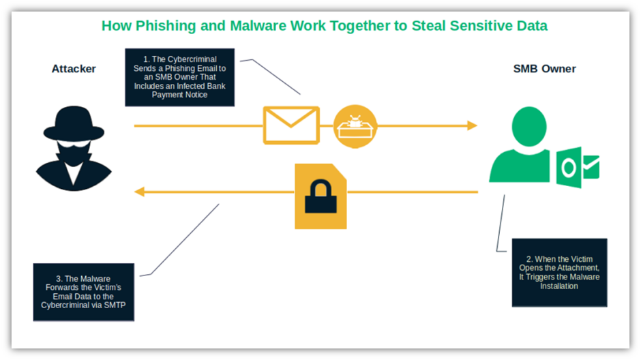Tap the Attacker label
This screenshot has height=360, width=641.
(74, 69)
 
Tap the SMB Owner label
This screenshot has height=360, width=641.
(544, 69)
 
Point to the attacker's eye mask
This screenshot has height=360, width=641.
(74, 147)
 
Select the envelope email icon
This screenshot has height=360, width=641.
(291, 125)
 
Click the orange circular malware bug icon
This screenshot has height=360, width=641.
(355, 126)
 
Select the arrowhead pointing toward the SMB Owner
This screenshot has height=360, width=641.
(471, 125)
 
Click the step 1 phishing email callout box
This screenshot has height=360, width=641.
(179, 77)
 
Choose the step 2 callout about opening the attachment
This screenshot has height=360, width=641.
(558, 273)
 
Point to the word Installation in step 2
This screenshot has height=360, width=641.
(558, 287)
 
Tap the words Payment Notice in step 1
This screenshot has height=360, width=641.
(179, 95)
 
